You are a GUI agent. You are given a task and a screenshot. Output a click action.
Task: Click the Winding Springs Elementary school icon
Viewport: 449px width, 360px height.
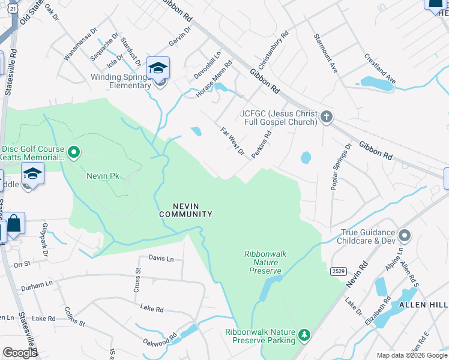click(158, 68)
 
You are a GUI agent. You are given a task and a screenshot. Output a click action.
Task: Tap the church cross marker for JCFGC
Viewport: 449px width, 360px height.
click(327, 116)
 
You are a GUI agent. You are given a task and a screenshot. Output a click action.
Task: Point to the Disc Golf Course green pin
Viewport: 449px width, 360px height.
click(74, 152)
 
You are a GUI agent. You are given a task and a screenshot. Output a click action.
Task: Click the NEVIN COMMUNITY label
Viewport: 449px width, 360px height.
click(185, 209)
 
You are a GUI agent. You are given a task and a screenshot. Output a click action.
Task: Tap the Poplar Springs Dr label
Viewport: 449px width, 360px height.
click(341, 167)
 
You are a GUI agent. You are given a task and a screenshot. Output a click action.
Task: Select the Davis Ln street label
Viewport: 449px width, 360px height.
click(161, 258)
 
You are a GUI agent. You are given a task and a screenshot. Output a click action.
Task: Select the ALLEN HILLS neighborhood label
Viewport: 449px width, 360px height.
click(420, 305)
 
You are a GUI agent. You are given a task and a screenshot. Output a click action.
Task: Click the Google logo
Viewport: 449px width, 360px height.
click(20, 353)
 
